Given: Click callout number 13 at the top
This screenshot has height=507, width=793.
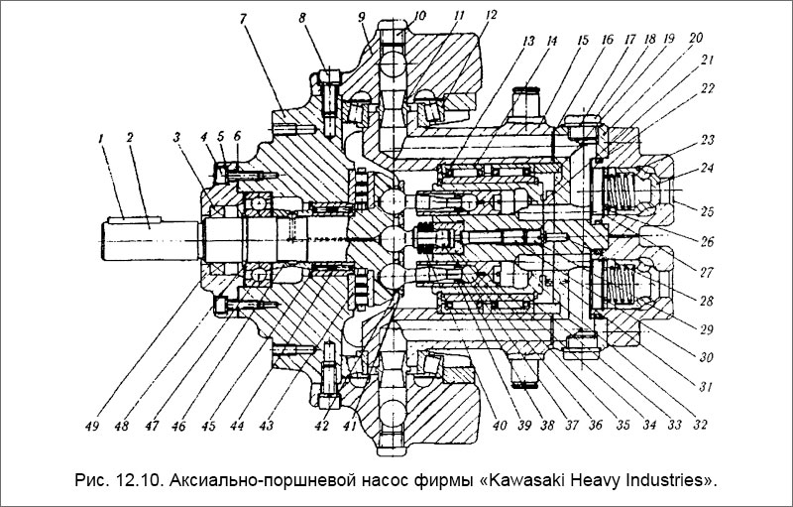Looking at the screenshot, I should (526, 43).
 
